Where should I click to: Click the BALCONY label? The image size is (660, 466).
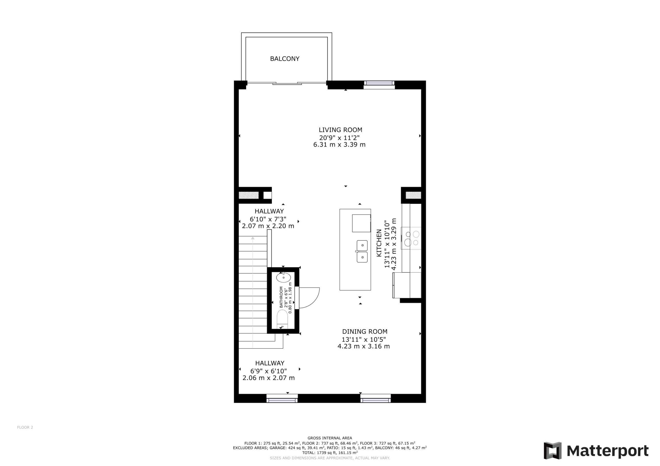pyautogui.click(x=285, y=59)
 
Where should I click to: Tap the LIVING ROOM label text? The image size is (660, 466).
pyautogui.click(x=340, y=130)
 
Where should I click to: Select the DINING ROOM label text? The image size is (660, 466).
pyautogui.click(x=365, y=332)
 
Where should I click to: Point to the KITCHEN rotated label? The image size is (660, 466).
pyautogui.click(x=379, y=243)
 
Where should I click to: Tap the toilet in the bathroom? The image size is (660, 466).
pyautogui.click(x=282, y=319)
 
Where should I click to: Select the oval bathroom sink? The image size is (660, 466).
pyautogui.click(x=283, y=278)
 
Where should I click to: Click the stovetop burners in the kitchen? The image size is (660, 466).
pyautogui.click(x=412, y=238)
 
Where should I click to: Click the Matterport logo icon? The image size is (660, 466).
pyautogui.click(x=552, y=451)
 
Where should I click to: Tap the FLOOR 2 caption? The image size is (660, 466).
pyautogui.click(x=25, y=427)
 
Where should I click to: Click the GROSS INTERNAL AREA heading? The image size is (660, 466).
pyautogui.click(x=330, y=438)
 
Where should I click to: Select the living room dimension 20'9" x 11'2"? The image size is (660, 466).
pyautogui.click(x=339, y=138)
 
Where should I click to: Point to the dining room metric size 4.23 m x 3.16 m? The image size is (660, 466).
pyautogui.click(x=364, y=347)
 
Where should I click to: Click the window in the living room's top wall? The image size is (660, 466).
pyautogui.click(x=379, y=83)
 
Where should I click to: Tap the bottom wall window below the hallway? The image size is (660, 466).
pyautogui.click(x=282, y=398)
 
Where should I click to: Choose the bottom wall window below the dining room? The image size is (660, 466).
pyautogui.click(x=376, y=398)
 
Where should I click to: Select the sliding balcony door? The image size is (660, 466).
pyautogui.click(x=287, y=83)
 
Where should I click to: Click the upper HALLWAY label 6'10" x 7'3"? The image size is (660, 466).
pyautogui.click(x=269, y=219)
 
